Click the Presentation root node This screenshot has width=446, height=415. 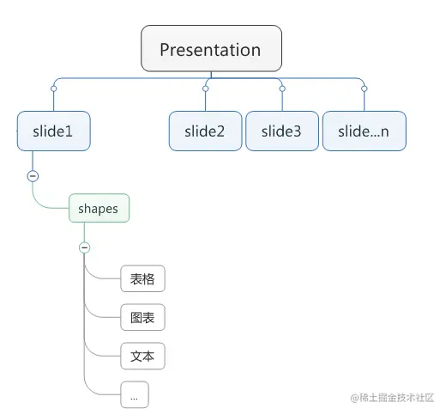pyautogui.click(x=211, y=49)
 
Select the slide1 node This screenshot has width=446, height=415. pyautogui.click(x=53, y=131)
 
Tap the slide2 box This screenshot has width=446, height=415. pyautogui.click(x=204, y=131)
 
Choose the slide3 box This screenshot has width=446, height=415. pyautogui.click(x=281, y=131)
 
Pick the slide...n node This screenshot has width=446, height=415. pyautogui.click(x=364, y=131)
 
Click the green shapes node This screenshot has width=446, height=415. pyautogui.click(x=98, y=209)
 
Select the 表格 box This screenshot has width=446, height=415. pyautogui.click(x=142, y=279)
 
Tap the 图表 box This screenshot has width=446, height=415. pyautogui.click(x=142, y=318)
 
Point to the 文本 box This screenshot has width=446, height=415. pyautogui.click(x=142, y=356)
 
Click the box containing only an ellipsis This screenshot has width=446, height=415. pyautogui.click(x=134, y=395)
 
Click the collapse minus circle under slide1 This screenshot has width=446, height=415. pyautogui.click(x=33, y=176)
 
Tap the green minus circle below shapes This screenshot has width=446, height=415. pyautogui.click(x=84, y=247)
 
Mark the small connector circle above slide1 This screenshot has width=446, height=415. pyautogui.click(x=53, y=88)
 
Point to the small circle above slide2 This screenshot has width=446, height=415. pyautogui.click(x=206, y=88)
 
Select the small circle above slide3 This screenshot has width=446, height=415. pyautogui.click(x=281, y=88)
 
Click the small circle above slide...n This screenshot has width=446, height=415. pyautogui.click(x=364, y=88)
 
